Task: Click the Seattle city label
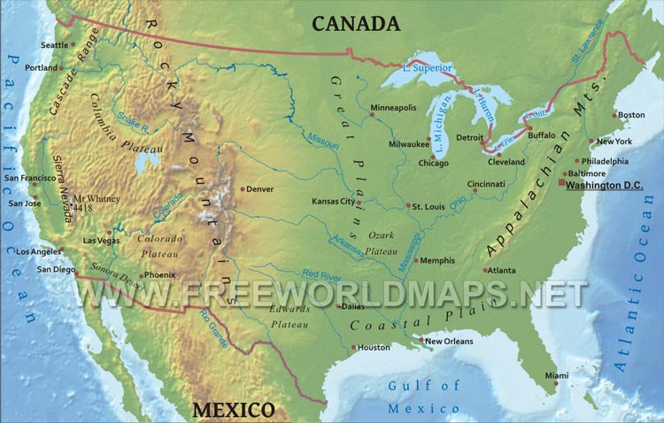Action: (x=54, y=45)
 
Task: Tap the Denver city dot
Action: (x=242, y=188)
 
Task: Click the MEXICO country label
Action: (x=234, y=410)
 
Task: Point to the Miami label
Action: (x=557, y=375)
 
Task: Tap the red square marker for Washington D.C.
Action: (x=561, y=182)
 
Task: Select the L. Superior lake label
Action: (x=427, y=67)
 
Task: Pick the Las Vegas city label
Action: (x=101, y=241)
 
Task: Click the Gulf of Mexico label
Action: (x=424, y=396)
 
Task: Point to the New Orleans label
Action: (x=449, y=341)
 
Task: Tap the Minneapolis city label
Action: (x=393, y=108)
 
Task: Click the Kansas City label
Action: (x=333, y=202)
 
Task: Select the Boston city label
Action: (x=631, y=115)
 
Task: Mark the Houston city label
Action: (x=374, y=348)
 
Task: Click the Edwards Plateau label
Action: (x=290, y=317)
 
